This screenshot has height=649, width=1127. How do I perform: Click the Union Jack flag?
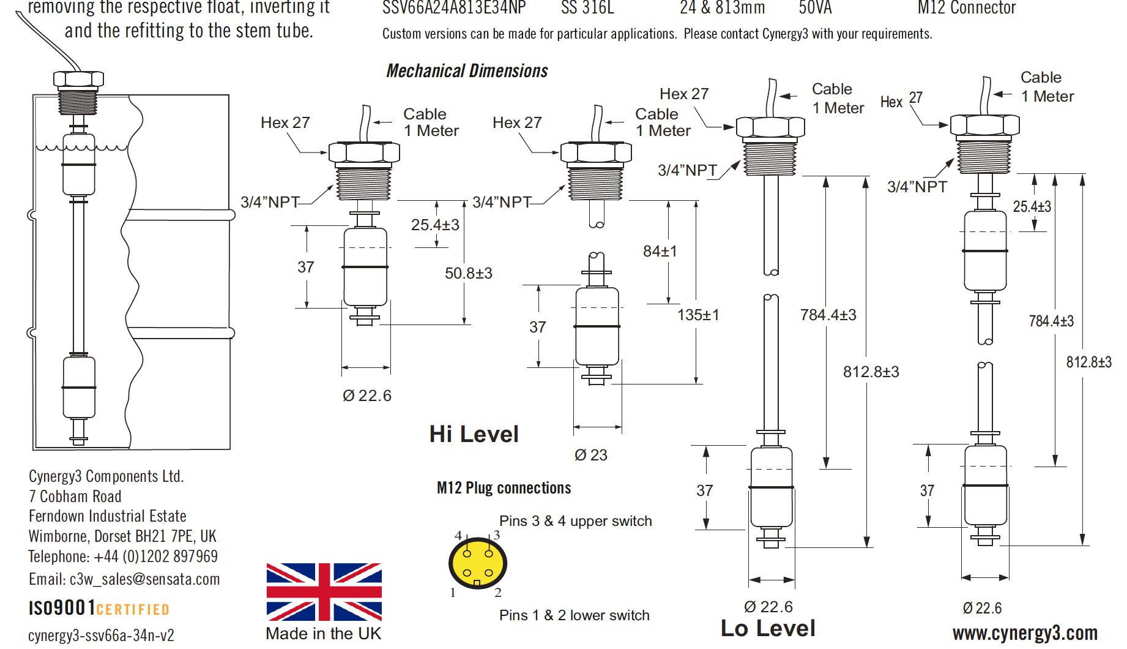pyautogui.click(x=324, y=591)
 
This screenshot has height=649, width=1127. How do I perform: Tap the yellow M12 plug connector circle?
pyautogui.click(x=478, y=563)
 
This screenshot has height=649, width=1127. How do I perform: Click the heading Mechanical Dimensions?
pyautogui.click(x=467, y=71)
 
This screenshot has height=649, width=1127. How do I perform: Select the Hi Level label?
pyautogui.click(x=474, y=434)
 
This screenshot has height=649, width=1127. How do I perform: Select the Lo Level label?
pyautogui.click(x=768, y=628)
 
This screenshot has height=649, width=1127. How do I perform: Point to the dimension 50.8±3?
pyautogui.click(x=468, y=273)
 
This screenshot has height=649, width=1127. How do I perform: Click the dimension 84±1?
pyautogui.click(x=660, y=251)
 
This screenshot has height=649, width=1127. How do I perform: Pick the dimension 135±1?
pyautogui.click(x=698, y=315)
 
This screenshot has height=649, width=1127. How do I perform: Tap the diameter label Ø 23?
pyautogui.click(x=590, y=455)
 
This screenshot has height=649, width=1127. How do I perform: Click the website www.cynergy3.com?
pyautogui.click(x=1025, y=633)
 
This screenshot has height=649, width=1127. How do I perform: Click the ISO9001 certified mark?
pyautogui.click(x=99, y=608)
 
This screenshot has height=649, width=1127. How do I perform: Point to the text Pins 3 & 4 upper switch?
pyautogui.click(x=575, y=521)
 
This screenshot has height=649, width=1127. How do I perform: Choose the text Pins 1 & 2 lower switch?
pyautogui.click(x=574, y=615)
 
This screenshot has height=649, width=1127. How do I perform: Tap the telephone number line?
pyautogui.click(x=123, y=557)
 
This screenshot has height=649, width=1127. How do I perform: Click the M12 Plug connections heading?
pyautogui.click(x=504, y=488)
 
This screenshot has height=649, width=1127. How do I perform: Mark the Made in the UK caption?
pyautogui.click(x=323, y=634)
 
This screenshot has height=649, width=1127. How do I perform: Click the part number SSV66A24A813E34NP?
pyautogui.click(x=453, y=8)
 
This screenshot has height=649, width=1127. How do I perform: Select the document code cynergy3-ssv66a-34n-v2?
pyautogui.click(x=101, y=636)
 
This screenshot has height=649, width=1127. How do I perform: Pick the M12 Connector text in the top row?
pyautogui.click(x=966, y=8)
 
